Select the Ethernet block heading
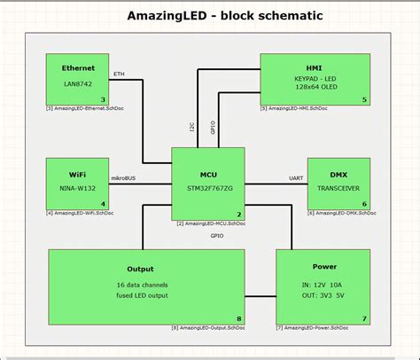pos(78,67)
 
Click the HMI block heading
pos(315,67)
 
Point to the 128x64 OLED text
pos(315,88)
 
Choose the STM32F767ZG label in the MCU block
pos(209,188)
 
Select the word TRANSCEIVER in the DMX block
pos(338,188)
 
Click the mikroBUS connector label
pos(123,178)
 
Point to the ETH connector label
pos(120,74)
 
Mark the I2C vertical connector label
pos(191,128)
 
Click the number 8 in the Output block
pos(238,319)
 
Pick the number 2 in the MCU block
pos(238,214)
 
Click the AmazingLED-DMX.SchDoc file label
pos(338,214)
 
